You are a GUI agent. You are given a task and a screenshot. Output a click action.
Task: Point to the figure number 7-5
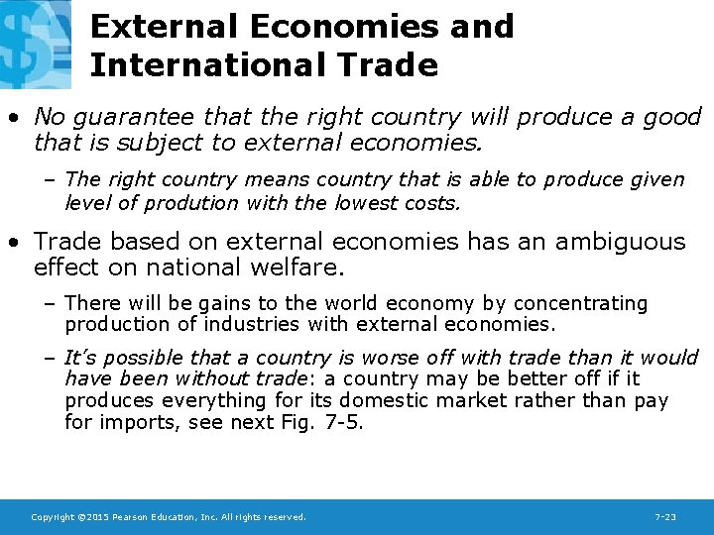point(345,423)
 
